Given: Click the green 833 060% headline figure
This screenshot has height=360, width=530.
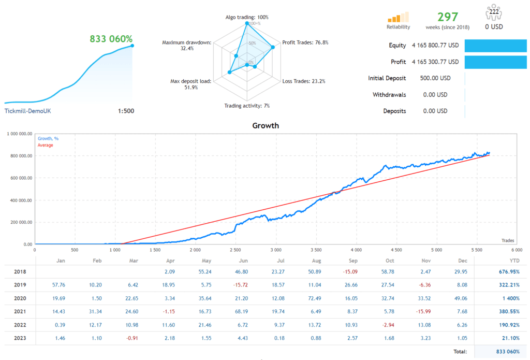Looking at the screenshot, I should tap(111, 38).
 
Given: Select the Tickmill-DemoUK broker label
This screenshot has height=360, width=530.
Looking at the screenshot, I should tap(27, 111).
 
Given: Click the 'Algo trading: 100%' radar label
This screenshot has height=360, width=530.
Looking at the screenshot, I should tap(246, 17).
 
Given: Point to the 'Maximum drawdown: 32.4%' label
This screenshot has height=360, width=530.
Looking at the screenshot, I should tap(186, 45).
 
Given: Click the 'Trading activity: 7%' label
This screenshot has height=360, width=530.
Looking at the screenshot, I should tap(246, 106).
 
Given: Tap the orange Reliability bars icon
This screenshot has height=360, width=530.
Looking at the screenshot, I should tap(398, 17).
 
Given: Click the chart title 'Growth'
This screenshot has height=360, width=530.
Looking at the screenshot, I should tap(265, 125).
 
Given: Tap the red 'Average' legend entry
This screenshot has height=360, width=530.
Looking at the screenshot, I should tap(45, 145).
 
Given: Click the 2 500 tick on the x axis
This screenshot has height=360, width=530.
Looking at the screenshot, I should tap(235, 250).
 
